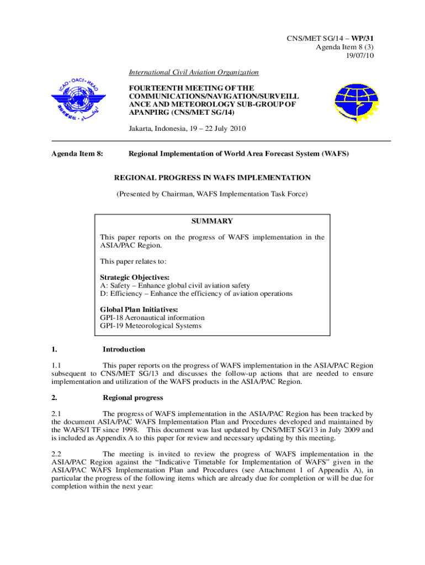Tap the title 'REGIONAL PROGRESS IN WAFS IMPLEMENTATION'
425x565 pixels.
point(212,178)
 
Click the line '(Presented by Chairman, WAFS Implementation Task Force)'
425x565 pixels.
point(212,194)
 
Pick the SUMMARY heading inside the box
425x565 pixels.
point(212,221)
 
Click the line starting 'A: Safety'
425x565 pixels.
point(175,285)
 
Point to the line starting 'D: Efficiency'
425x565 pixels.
point(196,294)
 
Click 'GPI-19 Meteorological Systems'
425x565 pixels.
point(151,326)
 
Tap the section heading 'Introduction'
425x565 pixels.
point(124,349)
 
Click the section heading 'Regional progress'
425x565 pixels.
point(133,398)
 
